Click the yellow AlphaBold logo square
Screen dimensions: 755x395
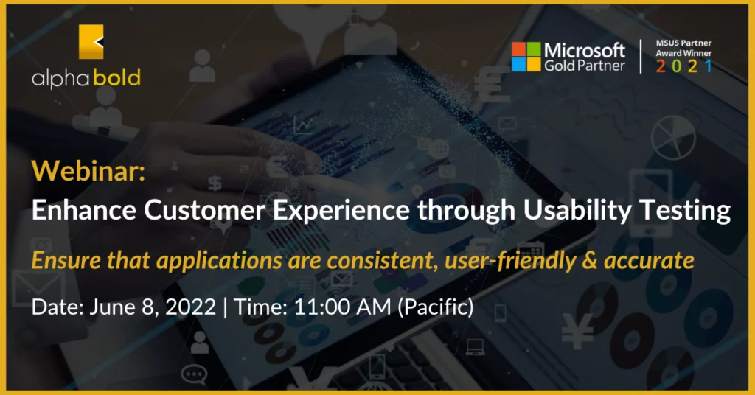[91, 42]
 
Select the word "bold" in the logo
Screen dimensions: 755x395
[117, 77]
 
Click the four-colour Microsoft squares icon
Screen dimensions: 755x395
[526, 56]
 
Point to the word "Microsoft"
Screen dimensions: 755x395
[585, 50]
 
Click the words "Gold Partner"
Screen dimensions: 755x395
[585, 66]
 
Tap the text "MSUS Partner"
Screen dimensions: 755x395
[683, 43]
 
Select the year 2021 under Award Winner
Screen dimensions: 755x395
[683, 66]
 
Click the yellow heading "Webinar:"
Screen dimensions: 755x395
[88, 170]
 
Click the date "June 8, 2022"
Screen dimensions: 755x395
[153, 307]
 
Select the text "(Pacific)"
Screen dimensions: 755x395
[435, 307]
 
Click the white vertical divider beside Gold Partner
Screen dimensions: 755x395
[641, 56]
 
